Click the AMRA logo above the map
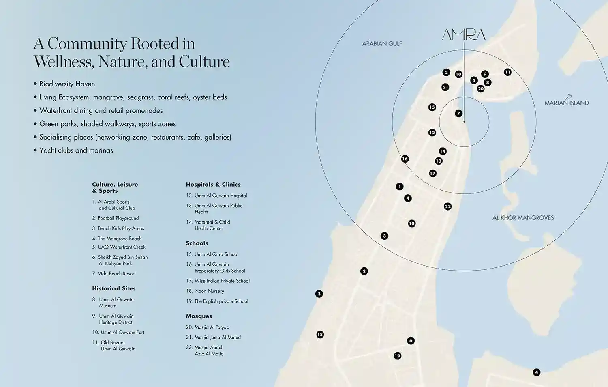point(464,35)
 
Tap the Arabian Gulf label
point(382,44)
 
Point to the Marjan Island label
point(566,103)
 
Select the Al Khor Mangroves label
point(523,218)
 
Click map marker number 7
point(458,113)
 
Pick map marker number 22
point(447,206)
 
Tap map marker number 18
point(320,335)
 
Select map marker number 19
point(397,356)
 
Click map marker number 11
point(507,72)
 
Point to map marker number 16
point(405,159)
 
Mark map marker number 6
point(411,341)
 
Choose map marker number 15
point(432,107)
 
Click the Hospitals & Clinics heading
point(213,185)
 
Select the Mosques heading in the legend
point(199,316)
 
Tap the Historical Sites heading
point(113,289)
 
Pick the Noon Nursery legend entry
point(209,291)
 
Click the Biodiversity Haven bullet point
point(67,84)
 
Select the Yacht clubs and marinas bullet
point(76,150)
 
